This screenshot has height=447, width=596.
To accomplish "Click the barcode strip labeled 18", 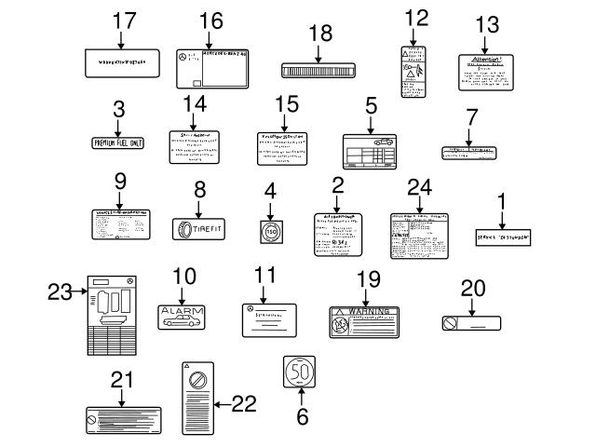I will pyautogui.click(x=319, y=70).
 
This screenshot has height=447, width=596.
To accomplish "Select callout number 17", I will pyautogui.click(x=124, y=20).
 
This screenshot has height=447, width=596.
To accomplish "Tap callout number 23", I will pyautogui.click(x=60, y=292).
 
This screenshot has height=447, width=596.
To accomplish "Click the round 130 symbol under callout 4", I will pyautogui.click(x=270, y=229).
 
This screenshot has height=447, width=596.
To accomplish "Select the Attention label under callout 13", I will pyautogui.click(x=484, y=73).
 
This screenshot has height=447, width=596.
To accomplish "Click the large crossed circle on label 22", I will pyautogui.click(x=196, y=382).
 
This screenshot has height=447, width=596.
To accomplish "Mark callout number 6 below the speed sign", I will pyautogui.click(x=301, y=416).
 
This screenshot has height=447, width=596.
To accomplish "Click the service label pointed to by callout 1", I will pyautogui.click(x=503, y=237).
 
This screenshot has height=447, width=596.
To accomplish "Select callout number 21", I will pyautogui.click(x=122, y=379).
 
